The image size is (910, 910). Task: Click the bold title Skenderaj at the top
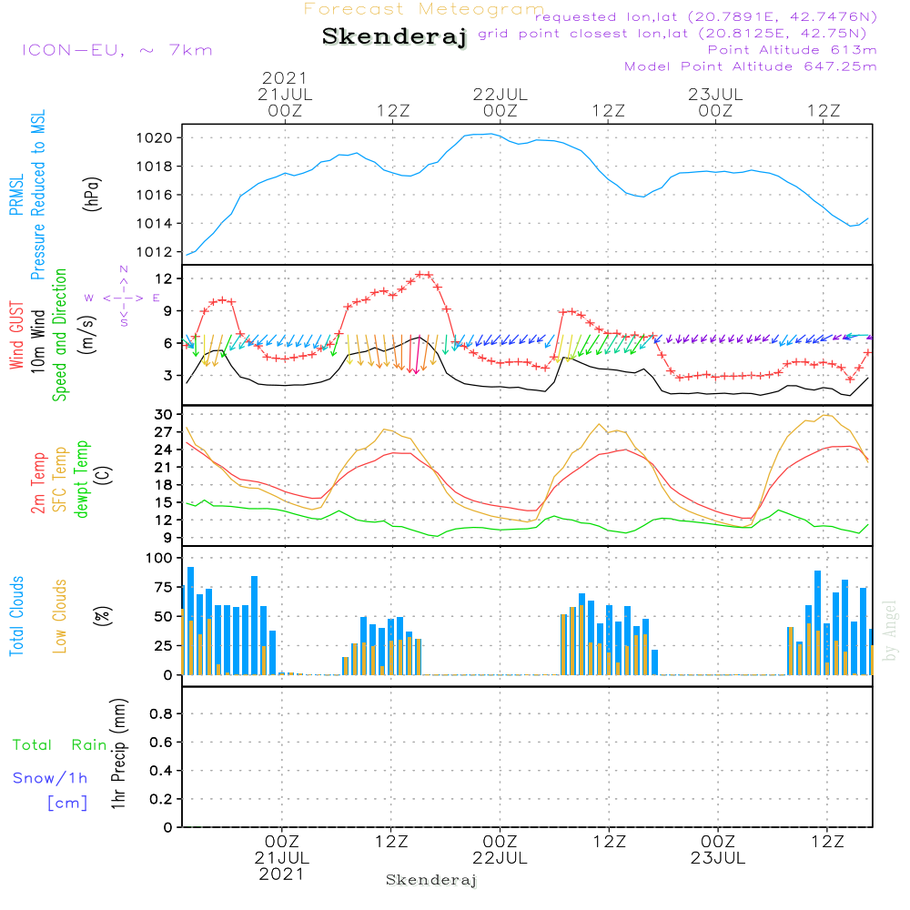pyautogui.click(x=394, y=37)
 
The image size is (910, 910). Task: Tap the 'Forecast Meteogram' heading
pyautogui.click(x=424, y=9)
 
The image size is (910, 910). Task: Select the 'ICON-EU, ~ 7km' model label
pyautogui.click(x=116, y=50)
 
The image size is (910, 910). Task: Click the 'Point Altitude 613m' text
pyautogui.click(x=792, y=50)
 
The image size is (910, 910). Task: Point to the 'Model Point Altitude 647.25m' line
pyautogui.click(x=750, y=66)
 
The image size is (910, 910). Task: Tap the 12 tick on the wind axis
pyautogui.click(x=169, y=278)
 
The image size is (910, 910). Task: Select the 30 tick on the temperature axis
pyautogui.click(x=169, y=415)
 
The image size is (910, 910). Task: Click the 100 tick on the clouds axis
pyautogui.click(x=164, y=558)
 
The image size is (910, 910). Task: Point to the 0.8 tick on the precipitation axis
pyautogui.click(x=162, y=714)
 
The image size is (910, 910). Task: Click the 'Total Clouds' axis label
pyautogui.click(x=16, y=616)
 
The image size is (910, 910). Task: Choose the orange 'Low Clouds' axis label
pyautogui.click(x=60, y=616)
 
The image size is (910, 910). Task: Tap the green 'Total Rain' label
pyautogui.click(x=60, y=745)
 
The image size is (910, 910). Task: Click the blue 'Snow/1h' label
pyautogui.click(x=50, y=778)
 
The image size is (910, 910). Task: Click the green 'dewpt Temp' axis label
pyautogui.click(x=82, y=480)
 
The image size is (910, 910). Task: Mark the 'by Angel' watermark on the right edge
pyautogui.click(x=890, y=630)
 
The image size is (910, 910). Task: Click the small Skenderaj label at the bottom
pyautogui.click(x=431, y=880)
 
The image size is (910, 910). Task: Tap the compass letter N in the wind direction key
pyautogui.click(x=124, y=269)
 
